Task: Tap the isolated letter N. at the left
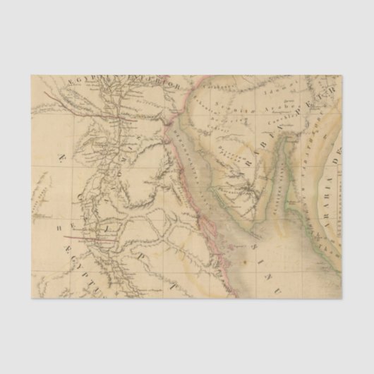point(62,156)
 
